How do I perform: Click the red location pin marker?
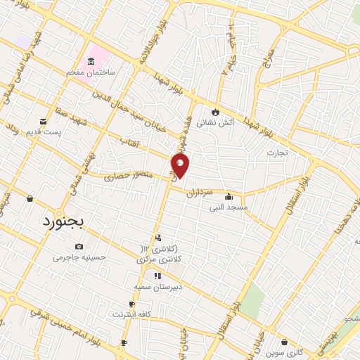click(x=180, y=166)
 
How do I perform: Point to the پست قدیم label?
click(x=46, y=131)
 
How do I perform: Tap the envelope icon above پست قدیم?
click(x=44, y=122)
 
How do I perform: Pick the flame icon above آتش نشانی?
click(x=215, y=111)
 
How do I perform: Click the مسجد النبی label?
click(x=229, y=207)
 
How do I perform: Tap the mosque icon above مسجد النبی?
click(x=228, y=197)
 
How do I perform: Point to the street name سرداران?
click(x=199, y=193)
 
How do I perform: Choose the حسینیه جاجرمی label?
click(x=79, y=257)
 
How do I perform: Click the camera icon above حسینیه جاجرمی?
click(x=79, y=247)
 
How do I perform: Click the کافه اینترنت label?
click(x=131, y=314)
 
